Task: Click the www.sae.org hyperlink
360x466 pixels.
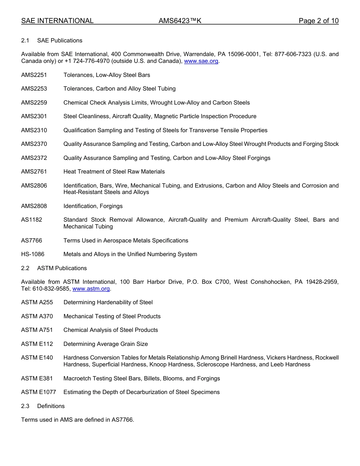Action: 201,61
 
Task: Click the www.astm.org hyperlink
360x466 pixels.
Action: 91,289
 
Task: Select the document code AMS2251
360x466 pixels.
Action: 34,75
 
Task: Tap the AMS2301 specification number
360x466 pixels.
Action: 34,116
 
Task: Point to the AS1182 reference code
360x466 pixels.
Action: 31,220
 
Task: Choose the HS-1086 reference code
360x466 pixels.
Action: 33,254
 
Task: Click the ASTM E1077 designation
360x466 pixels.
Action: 38,392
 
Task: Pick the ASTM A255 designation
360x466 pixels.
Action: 37,302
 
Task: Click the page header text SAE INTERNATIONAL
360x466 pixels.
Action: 57,21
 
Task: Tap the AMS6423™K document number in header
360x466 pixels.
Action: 180,21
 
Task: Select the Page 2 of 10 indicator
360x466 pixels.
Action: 318,21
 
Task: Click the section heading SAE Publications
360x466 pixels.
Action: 59,41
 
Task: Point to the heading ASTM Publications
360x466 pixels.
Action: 62,268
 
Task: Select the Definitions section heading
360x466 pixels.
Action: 51,406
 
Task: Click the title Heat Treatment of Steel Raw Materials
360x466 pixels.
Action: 114,172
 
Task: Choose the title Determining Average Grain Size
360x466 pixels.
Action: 105,344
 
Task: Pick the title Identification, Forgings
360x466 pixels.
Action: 93,206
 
